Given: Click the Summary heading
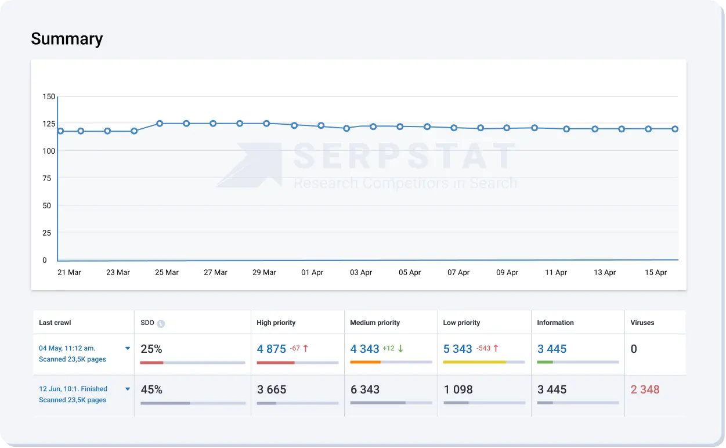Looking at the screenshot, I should (67, 39).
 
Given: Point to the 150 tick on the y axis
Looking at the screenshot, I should (49, 96).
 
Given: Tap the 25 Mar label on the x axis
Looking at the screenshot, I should (167, 272).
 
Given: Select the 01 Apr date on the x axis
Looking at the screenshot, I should (312, 272).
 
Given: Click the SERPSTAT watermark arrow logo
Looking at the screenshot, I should (250, 165).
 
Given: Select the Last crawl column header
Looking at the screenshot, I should (55, 323).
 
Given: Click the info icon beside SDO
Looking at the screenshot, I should (161, 323).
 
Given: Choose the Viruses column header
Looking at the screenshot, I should (643, 323).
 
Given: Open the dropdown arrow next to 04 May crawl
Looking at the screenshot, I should (128, 348).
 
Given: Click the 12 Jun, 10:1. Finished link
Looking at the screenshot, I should (73, 389).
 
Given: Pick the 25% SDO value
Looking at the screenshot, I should (151, 349).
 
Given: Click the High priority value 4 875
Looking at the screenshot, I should (272, 349).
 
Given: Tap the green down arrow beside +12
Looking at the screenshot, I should (400, 349).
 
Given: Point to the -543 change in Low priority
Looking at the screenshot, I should (483, 349).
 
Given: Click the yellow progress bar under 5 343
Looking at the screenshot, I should (474, 362).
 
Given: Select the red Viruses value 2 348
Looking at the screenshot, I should (645, 389).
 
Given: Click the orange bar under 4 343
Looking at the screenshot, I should (366, 362).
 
